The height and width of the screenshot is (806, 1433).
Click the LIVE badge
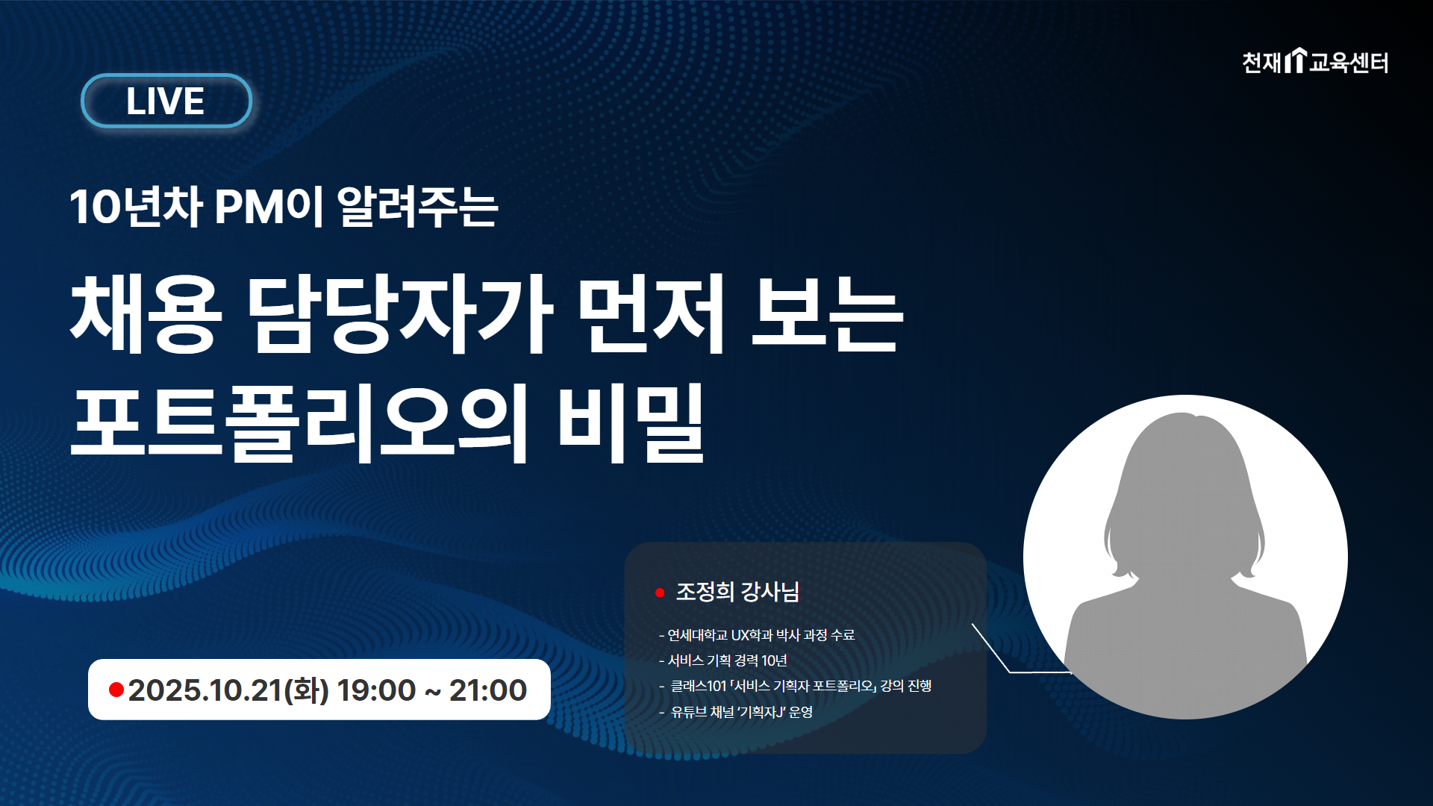(x=166, y=101)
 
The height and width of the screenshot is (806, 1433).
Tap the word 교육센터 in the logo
(x=1349, y=62)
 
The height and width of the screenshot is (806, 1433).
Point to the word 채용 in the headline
(x=146, y=313)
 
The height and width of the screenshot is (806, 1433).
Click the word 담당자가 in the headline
(x=400, y=313)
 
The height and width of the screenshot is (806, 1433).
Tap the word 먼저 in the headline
(x=651, y=313)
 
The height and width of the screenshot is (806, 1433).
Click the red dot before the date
(x=116, y=690)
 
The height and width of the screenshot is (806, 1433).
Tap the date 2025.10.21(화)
(x=228, y=690)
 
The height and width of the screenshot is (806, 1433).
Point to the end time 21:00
(x=488, y=690)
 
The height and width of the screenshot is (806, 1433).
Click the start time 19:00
(x=376, y=690)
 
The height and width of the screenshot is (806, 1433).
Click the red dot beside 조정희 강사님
(x=660, y=593)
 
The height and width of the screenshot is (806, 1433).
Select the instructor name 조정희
(x=705, y=592)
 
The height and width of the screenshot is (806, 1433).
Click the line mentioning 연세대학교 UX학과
(x=757, y=635)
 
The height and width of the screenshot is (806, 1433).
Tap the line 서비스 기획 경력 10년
(x=723, y=660)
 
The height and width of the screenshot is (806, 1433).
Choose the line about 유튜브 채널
(x=736, y=712)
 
